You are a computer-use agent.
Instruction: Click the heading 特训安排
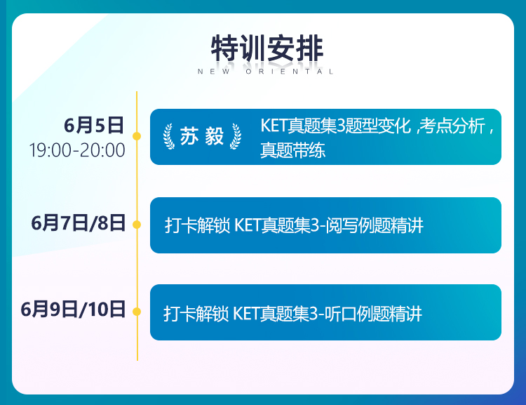tap(267, 48)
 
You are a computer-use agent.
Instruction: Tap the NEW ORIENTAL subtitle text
tap(265, 72)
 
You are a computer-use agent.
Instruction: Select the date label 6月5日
tap(94, 125)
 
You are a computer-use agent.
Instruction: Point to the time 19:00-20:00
tap(77, 150)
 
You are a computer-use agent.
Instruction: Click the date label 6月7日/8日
tap(78, 223)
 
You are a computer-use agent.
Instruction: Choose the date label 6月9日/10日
tap(73, 310)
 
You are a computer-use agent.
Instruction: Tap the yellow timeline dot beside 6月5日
tap(137, 136)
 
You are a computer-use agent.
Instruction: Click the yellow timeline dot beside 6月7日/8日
tap(137, 225)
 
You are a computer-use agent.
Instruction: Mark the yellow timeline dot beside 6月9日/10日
tap(137, 312)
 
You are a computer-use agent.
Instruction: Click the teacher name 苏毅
tap(202, 136)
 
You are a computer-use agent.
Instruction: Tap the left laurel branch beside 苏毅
tap(169, 136)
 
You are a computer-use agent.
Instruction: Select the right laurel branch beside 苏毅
tap(236, 136)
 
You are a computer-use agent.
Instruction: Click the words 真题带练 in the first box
tap(293, 150)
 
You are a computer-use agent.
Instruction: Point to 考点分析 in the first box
tap(452, 126)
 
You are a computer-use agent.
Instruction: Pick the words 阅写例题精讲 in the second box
tap(375, 225)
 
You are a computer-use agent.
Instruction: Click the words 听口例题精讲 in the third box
tap(373, 314)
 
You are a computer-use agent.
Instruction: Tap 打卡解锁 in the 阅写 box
tap(198, 225)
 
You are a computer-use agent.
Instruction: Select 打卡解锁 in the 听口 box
tap(196, 314)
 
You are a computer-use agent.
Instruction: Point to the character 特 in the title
tap(224, 48)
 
